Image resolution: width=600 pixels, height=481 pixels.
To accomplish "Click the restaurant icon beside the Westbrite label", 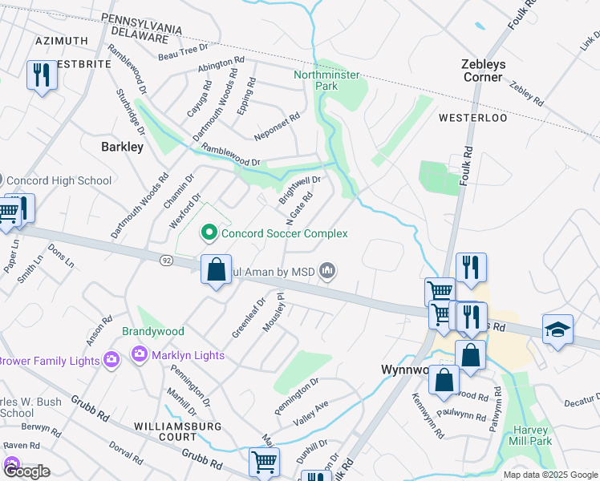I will [39, 75].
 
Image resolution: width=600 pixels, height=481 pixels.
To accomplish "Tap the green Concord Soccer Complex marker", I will [209, 233].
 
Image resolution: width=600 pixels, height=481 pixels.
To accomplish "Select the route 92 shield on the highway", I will [166, 261].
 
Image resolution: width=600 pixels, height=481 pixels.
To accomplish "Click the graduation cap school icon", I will [557, 329].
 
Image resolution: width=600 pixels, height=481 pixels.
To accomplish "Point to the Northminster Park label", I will [326, 80].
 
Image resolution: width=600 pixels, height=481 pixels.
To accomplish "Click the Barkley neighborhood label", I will [123, 147].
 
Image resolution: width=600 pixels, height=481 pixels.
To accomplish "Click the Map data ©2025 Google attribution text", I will [549, 475].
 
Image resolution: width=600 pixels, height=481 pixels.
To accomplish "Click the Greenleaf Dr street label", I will [249, 318].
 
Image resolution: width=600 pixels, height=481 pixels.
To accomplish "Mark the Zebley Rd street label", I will [525, 93].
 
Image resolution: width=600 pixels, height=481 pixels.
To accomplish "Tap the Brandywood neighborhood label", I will [153, 331].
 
